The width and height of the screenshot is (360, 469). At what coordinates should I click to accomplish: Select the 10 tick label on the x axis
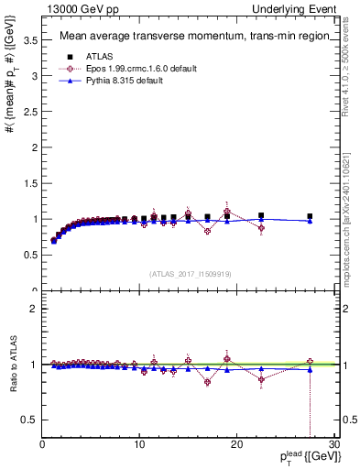click(139, 445)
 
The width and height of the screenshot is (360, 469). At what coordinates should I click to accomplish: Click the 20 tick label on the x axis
click(236, 445)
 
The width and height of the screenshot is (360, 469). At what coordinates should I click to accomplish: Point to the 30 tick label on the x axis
click(333, 445)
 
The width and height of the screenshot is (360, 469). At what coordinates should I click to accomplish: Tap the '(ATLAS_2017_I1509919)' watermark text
click(191, 273)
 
